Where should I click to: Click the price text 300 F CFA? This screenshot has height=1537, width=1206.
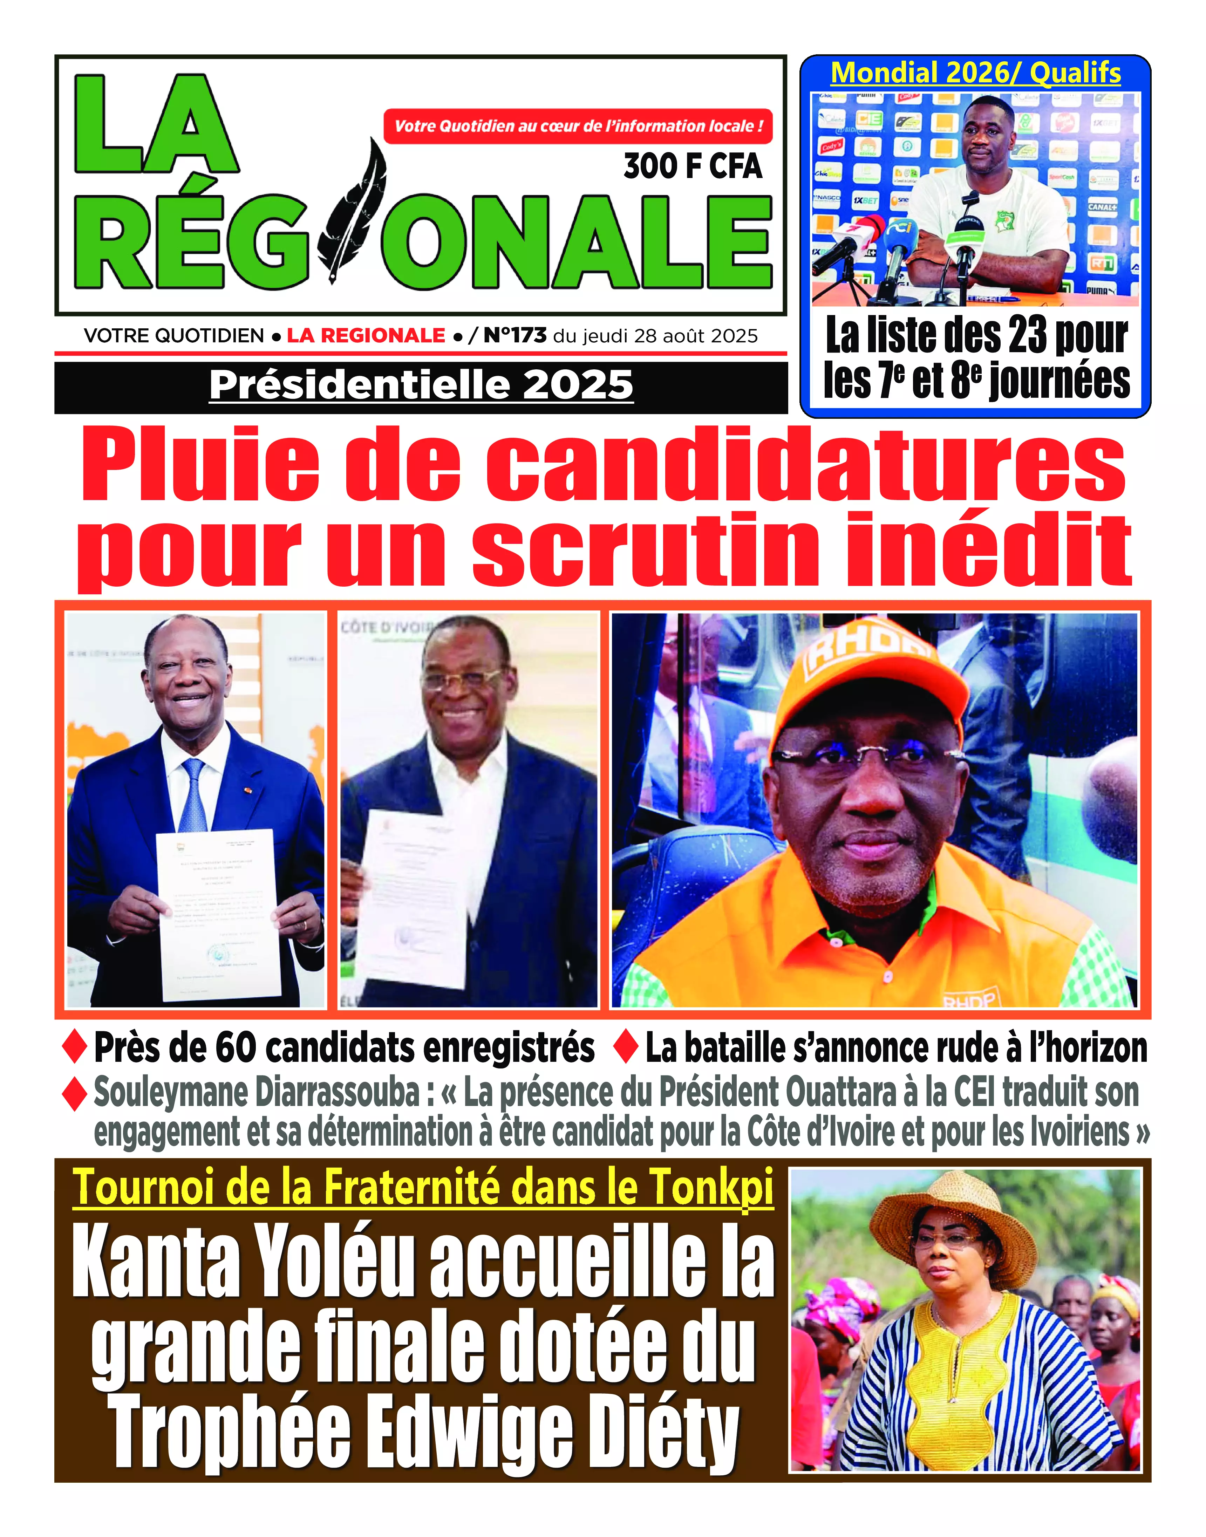[x=693, y=166]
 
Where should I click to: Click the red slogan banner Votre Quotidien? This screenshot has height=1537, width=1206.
[x=578, y=127]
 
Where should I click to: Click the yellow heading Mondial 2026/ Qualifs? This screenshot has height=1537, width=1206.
[x=975, y=73]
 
